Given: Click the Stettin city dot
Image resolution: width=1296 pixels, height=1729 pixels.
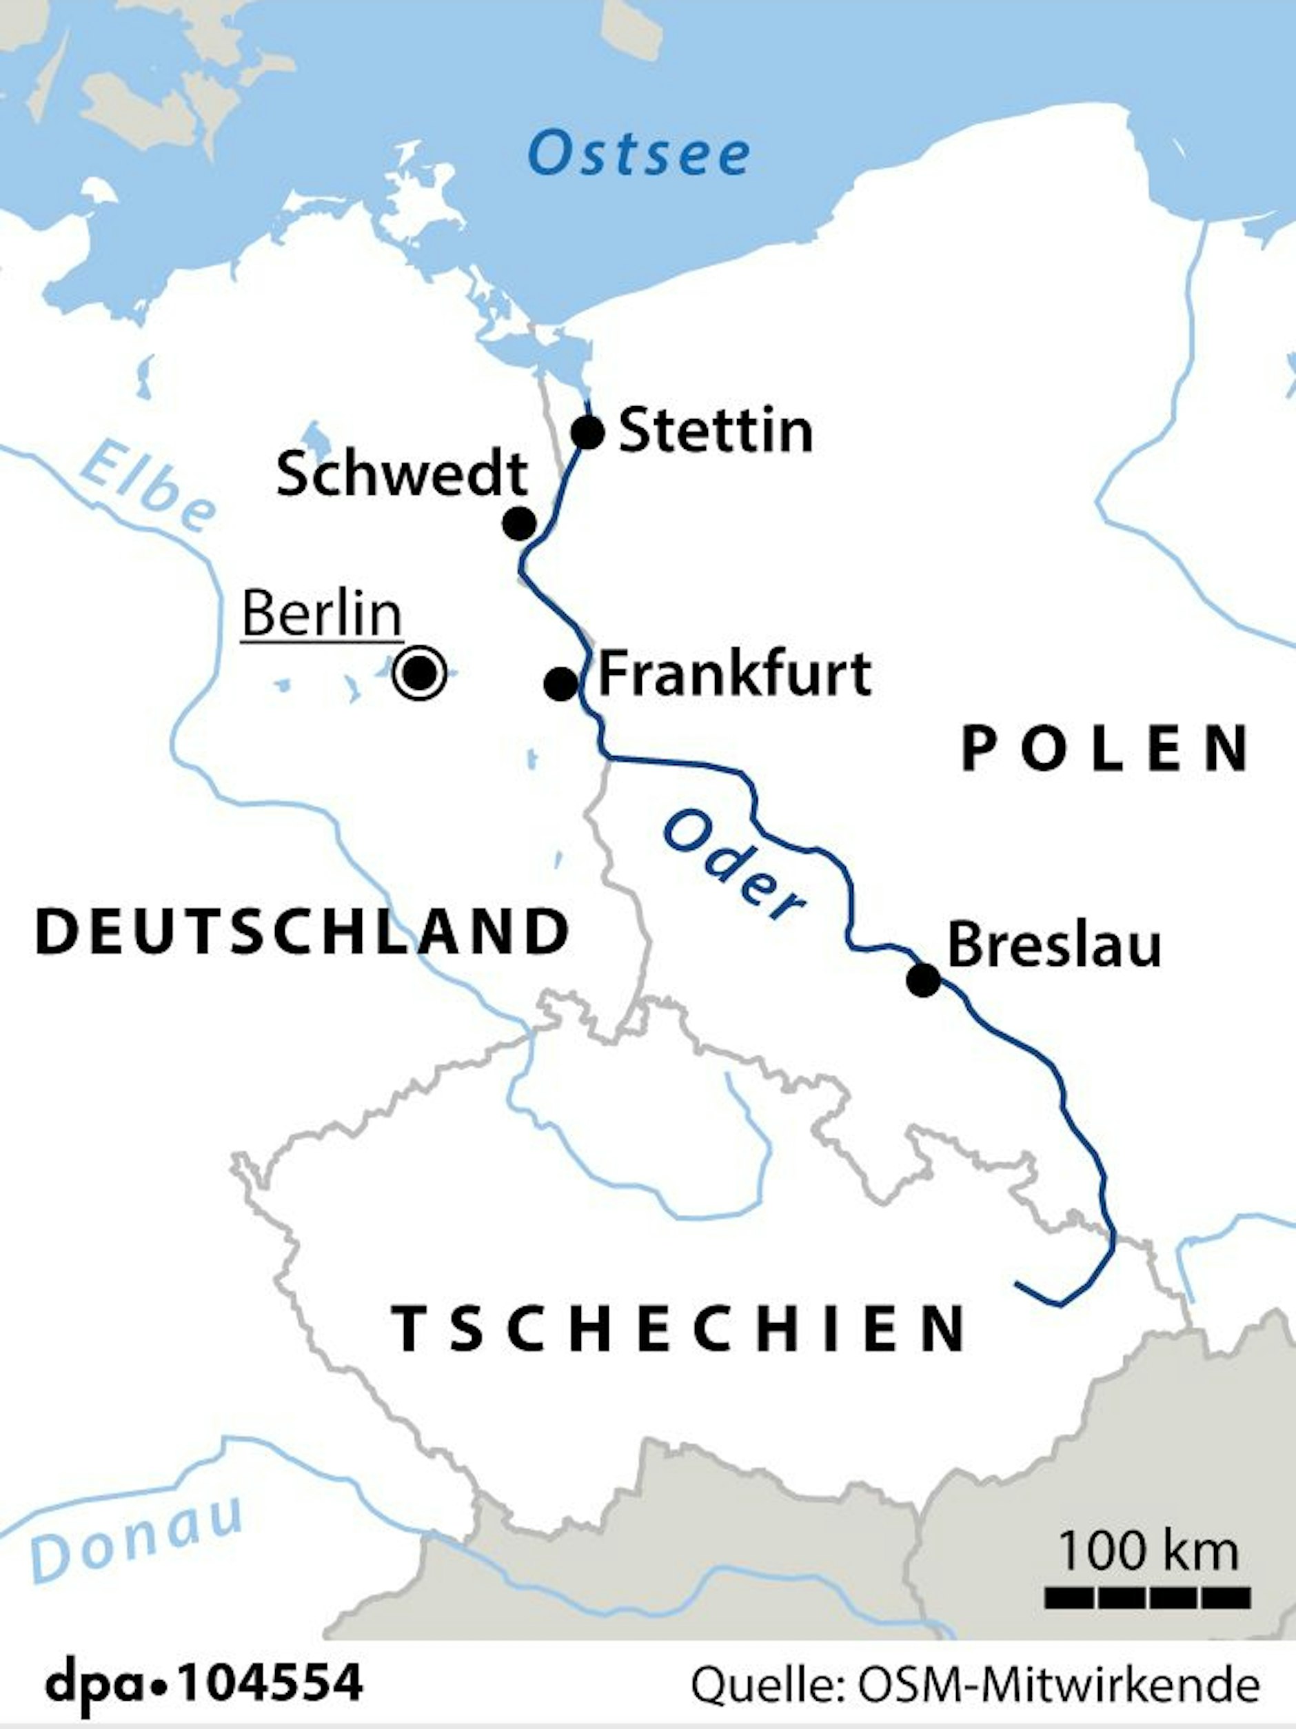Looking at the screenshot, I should [588, 432].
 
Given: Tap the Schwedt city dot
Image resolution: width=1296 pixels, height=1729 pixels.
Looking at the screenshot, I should [519, 523].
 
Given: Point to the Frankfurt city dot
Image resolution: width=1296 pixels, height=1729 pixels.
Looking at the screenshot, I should [560, 685].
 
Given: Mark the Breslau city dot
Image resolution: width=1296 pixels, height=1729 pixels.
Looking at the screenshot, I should [923, 980].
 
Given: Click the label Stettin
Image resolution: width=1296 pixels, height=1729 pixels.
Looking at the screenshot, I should [716, 431].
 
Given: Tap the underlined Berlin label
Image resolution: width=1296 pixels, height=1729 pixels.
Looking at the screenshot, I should [322, 615].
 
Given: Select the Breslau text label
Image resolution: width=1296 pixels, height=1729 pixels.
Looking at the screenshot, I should [1053, 946].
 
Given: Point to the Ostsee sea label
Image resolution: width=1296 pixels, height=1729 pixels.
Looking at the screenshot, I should [638, 154].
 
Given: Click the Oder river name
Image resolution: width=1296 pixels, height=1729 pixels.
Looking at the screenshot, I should [732, 867].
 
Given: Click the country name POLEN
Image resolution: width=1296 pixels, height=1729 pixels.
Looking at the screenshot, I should [1104, 749].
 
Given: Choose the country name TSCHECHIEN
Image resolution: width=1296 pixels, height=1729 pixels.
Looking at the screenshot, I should [678, 1328].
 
